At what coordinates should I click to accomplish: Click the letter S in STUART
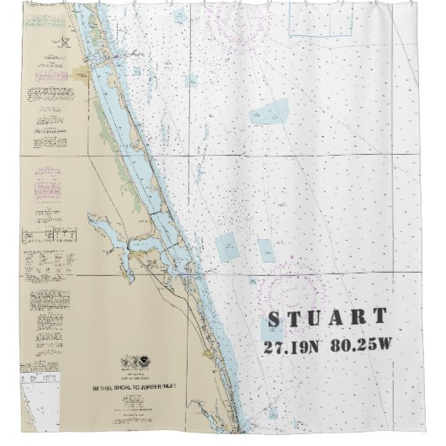point(274,320)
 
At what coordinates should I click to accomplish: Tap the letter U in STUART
point(316,319)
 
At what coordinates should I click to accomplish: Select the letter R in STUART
point(358,318)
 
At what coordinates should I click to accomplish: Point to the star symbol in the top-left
point(64,42)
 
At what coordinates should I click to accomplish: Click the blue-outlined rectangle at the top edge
point(321,19)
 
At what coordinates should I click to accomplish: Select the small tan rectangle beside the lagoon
point(82,73)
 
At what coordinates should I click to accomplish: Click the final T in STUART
point(380,317)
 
